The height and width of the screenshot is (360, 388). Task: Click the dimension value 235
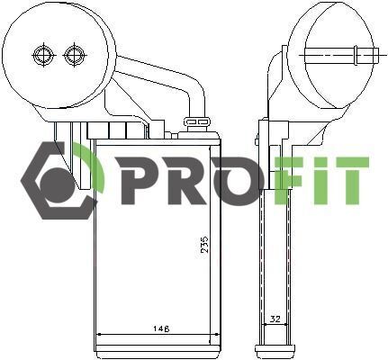pyautogui.click(x=204, y=244)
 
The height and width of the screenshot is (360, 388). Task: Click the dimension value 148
pyautogui.click(x=161, y=328)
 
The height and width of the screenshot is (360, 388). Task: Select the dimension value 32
pyautogui.click(x=275, y=319)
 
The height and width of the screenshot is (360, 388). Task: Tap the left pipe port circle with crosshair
pyautogui.click(x=43, y=56)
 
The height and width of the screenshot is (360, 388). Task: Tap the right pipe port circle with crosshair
pyautogui.click(x=74, y=56)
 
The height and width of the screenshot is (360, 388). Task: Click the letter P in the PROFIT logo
pyautogui.click(x=139, y=180)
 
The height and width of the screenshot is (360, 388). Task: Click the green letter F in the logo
pyautogui.click(x=288, y=180)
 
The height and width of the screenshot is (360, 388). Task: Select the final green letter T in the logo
pyautogui.click(x=349, y=180)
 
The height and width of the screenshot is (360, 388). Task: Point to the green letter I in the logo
pyautogui.click(x=315, y=180)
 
